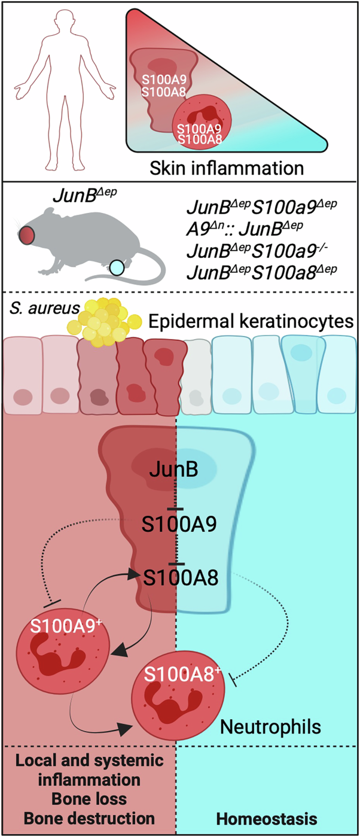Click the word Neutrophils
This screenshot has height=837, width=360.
271,727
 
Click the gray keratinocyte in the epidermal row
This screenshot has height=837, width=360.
195,378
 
